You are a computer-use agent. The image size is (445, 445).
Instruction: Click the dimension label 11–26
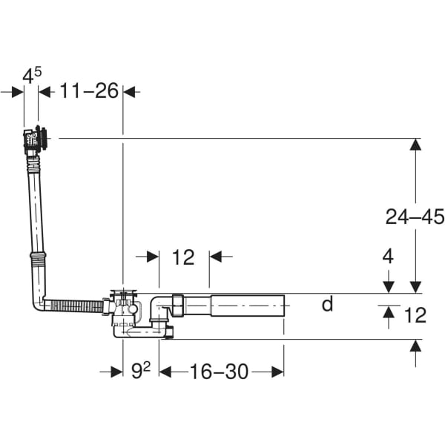pos(89,90)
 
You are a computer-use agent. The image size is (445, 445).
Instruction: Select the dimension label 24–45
pos(415,217)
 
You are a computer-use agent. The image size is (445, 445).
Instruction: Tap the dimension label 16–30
pos(219,372)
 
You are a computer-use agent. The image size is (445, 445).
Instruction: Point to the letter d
pos(328,303)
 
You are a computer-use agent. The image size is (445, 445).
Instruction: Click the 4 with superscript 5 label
pos(32,76)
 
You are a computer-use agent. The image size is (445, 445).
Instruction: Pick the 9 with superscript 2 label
pos(141,371)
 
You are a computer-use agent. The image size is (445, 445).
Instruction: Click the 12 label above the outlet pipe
pos(183,257)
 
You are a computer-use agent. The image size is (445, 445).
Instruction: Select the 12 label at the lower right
pos(415,315)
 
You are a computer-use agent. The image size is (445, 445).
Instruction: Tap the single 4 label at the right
pos(388,256)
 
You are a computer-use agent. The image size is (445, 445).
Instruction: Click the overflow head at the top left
pos(35,139)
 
